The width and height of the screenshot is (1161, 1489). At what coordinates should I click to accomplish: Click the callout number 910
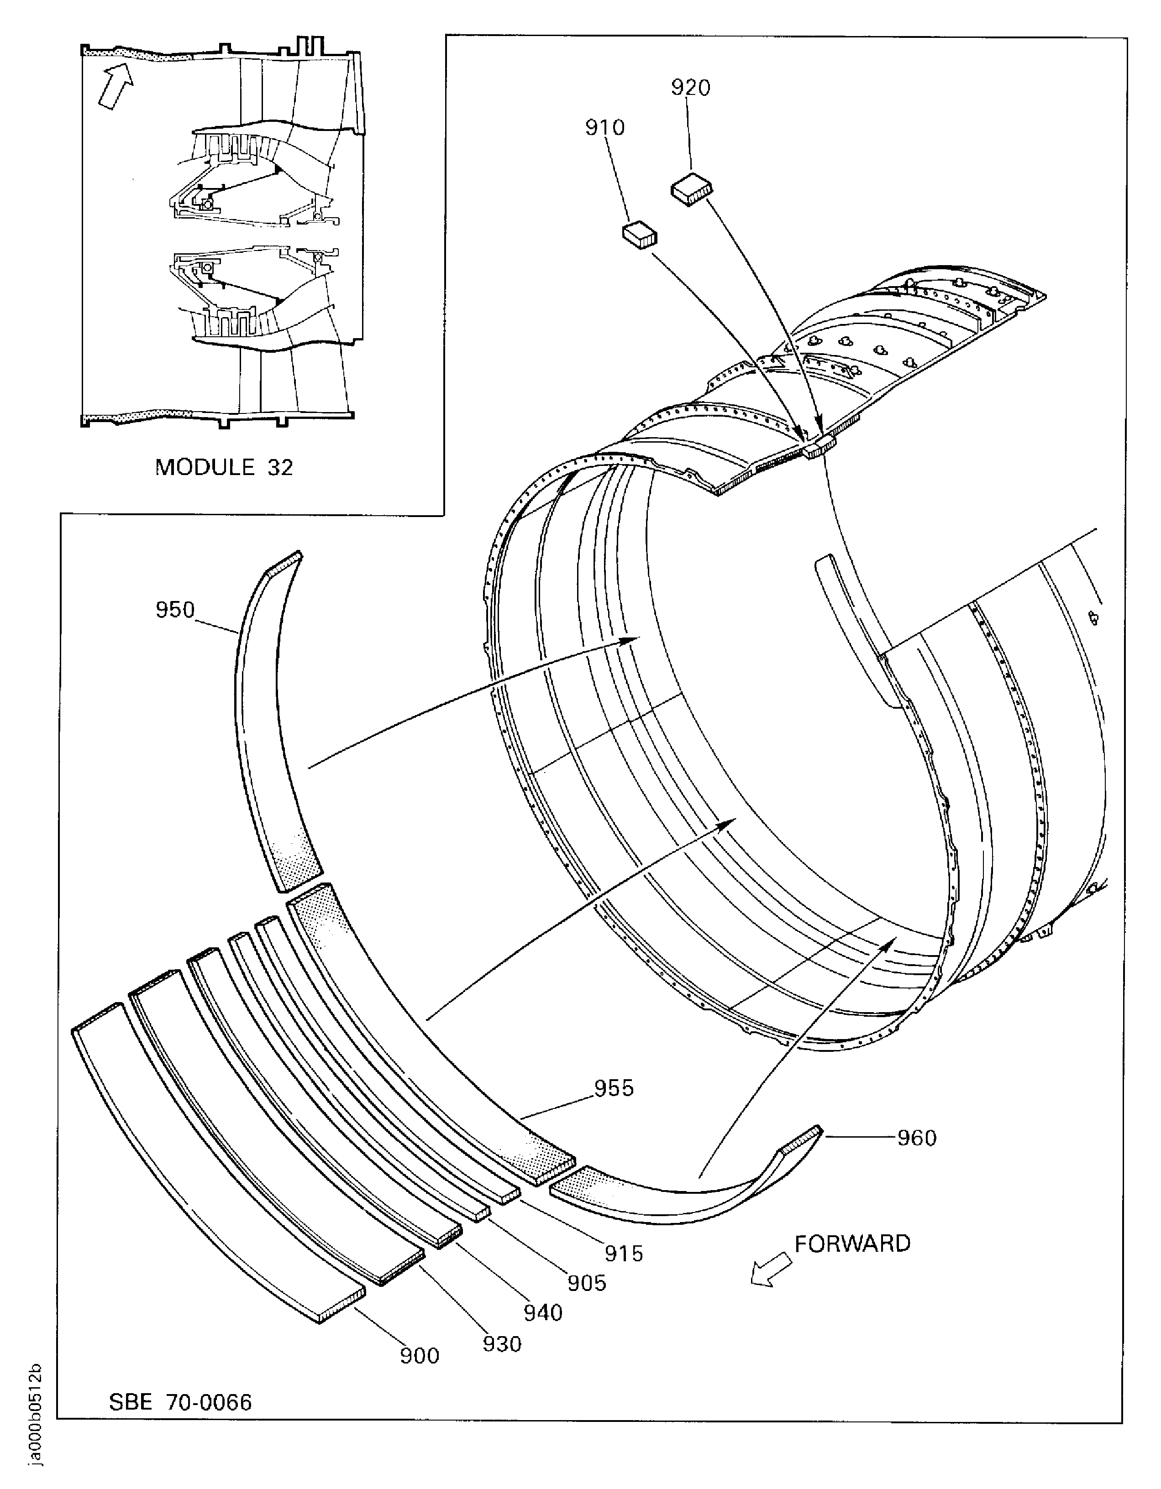click(604, 127)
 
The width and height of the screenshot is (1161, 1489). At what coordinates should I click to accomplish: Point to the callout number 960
click(917, 1138)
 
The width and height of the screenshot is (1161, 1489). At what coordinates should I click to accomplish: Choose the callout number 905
click(587, 1283)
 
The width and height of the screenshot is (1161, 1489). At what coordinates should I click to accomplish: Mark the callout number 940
click(543, 1312)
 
